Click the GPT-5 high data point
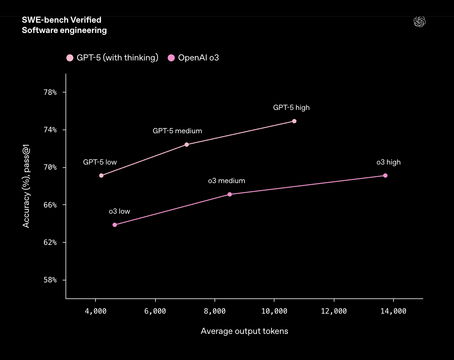tap(294, 121)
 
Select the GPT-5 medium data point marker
tap(186, 145)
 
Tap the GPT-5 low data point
tap(101, 176)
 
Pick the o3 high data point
tap(385, 176)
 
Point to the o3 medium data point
tap(230, 194)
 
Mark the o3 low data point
tap(115, 225)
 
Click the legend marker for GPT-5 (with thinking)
tap(70, 58)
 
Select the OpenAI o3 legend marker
tap(171, 58)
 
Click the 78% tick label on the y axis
tap(50, 92)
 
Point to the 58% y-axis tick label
tap(50, 280)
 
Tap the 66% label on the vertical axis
tap(50, 205)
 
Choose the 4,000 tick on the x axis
tap(95, 311)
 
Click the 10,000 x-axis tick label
tap(274, 311)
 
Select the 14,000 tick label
tap(393, 311)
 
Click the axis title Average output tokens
tap(244, 331)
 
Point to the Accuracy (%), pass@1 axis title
tap(26, 186)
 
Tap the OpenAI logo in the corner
tap(419, 22)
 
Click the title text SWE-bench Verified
tap(61, 20)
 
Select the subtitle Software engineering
tap(64, 30)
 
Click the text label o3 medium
tap(226, 181)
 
